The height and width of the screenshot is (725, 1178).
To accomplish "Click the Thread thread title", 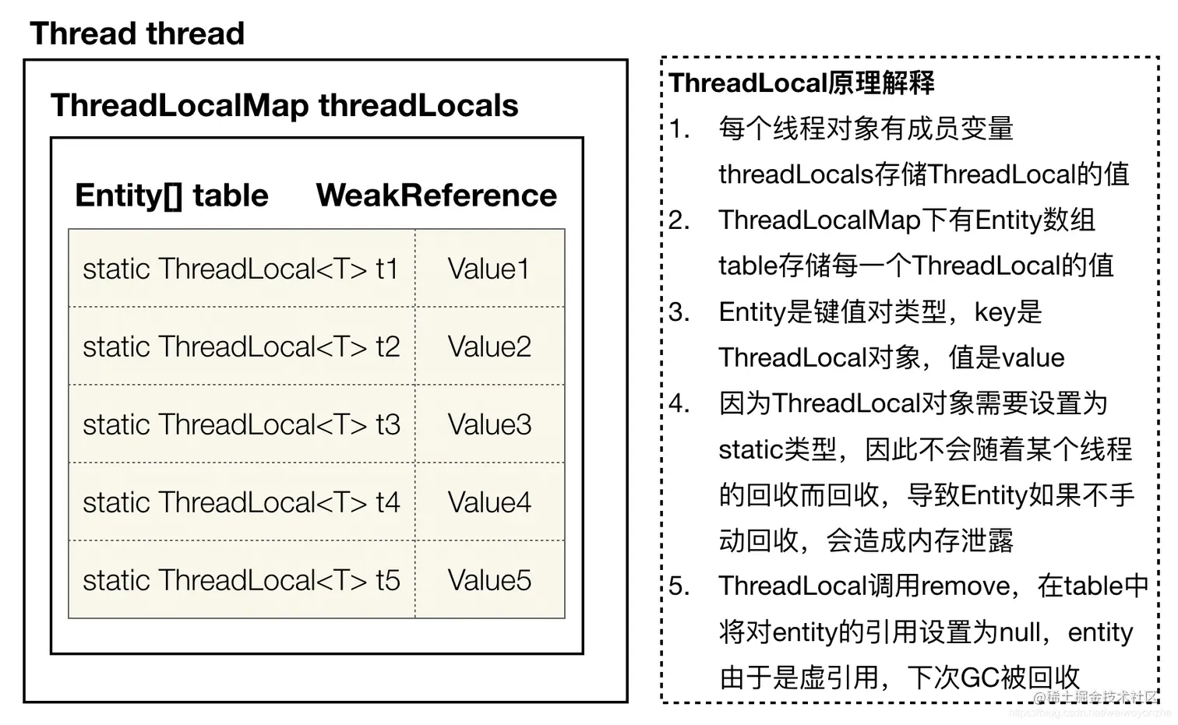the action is click(137, 33).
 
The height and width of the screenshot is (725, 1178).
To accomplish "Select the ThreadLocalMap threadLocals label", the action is click(284, 105).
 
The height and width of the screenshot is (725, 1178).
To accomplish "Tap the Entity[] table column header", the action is click(171, 195).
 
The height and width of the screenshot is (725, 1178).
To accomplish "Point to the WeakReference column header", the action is click(436, 195).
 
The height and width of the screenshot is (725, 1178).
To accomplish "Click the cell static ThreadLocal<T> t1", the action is click(241, 269).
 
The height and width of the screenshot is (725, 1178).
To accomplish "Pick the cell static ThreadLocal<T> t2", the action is click(241, 347).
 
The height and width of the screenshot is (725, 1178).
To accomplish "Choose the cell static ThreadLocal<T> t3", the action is click(241, 424).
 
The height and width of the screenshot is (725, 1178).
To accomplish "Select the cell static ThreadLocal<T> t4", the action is click(241, 502).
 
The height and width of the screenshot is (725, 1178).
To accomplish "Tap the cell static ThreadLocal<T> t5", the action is click(241, 580).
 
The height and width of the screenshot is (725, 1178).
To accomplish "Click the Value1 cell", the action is click(488, 269).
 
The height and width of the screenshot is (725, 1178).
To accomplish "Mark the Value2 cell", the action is click(489, 347).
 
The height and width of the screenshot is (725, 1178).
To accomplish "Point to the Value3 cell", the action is click(489, 424).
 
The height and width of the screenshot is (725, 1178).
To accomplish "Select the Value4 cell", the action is click(489, 502).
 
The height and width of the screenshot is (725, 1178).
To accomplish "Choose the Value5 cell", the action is click(489, 580).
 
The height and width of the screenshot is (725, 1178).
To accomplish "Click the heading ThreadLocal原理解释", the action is click(802, 83).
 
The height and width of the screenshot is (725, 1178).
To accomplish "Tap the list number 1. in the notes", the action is click(679, 128).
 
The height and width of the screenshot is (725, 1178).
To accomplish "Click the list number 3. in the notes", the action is click(679, 311).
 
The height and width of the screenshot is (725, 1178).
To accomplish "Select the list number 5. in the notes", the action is click(679, 586).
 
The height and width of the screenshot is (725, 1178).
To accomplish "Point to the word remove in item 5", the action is click(965, 586).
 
